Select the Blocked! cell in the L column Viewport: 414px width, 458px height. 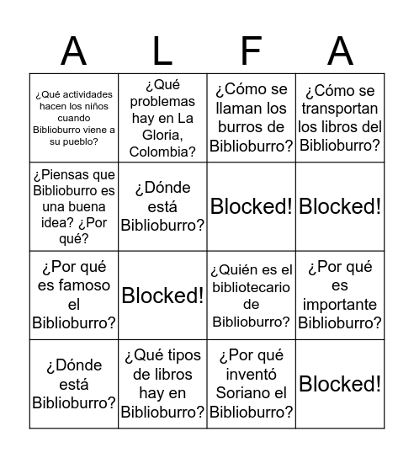click(162, 296)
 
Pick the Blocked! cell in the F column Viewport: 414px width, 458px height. click(252, 206)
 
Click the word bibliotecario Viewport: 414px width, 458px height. click(252, 287)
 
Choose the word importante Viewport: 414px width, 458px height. click(340, 304)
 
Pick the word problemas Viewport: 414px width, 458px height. click(162, 101)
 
